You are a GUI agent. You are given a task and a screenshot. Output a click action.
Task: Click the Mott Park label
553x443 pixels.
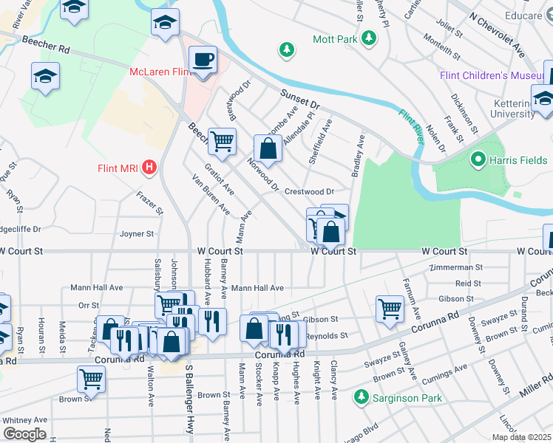[x=335, y=38]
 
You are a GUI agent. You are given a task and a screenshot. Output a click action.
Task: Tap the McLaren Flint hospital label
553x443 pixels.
[x=160, y=72]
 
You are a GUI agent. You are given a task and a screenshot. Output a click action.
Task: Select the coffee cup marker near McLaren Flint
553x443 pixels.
[x=202, y=60]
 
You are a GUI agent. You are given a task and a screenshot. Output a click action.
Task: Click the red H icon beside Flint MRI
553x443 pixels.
[x=150, y=168]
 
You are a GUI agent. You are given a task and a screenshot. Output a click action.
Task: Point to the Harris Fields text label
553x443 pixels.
[x=517, y=160]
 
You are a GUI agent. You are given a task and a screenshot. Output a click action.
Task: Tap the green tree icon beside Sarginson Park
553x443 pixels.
[x=361, y=398]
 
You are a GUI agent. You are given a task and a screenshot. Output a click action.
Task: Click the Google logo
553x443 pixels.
[x=24, y=434]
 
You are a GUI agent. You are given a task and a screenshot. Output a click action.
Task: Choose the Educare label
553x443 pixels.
[x=528, y=14]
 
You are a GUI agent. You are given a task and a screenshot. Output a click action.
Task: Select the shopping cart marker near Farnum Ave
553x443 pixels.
[x=390, y=308]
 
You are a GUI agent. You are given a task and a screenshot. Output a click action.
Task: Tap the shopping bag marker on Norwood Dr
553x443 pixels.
[x=268, y=148]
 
